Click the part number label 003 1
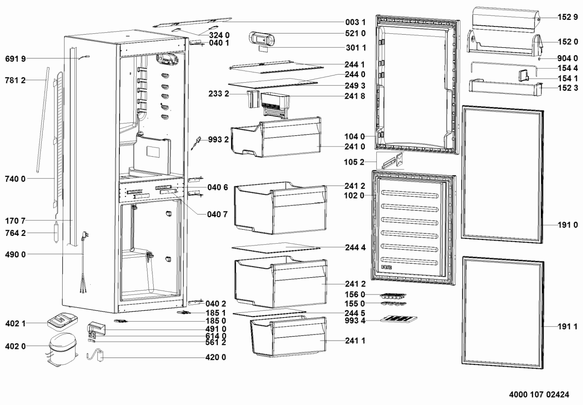(x=356, y=22)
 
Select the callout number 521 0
(x=355, y=33)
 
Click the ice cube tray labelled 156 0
(x=393, y=296)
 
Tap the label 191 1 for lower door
(x=567, y=326)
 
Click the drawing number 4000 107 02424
(x=539, y=395)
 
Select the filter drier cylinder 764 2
(x=56, y=232)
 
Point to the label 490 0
(x=16, y=254)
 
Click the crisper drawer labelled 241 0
(x=276, y=137)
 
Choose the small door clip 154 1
(x=524, y=75)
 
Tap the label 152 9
(x=567, y=17)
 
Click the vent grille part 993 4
(x=398, y=319)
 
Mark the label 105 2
(x=354, y=162)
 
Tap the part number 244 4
(x=355, y=247)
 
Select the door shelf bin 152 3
(x=506, y=87)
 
